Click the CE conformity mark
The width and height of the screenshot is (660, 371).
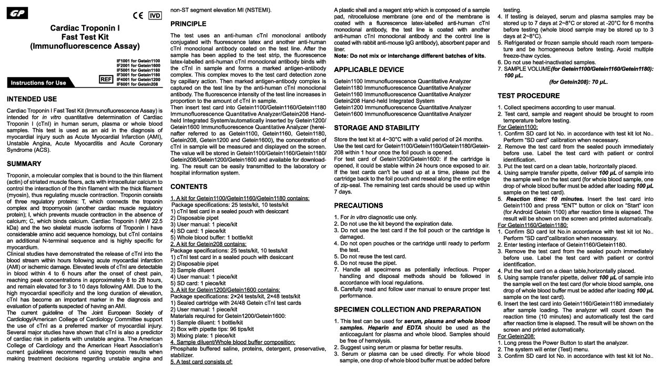click(138, 16)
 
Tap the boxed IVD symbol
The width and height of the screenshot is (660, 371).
click(155, 16)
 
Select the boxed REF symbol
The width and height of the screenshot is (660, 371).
click(106, 79)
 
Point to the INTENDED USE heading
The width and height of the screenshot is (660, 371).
click(32, 99)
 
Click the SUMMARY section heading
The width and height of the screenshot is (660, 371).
click(24, 164)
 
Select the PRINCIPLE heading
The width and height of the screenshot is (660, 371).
click(188, 24)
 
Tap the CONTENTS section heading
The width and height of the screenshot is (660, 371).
click(189, 187)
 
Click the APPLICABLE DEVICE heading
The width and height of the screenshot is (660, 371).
click(369, 69)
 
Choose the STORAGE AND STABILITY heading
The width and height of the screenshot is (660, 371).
click(377, 128)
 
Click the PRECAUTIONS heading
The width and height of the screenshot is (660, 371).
click(358, 205)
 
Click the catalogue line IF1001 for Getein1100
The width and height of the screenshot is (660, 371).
click(138, 61)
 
